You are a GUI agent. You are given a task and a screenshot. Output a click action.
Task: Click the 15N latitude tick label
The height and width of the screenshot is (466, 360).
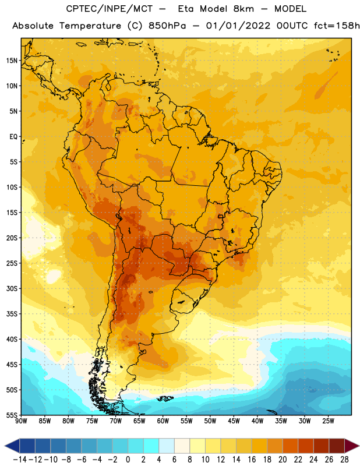tap(12, 61)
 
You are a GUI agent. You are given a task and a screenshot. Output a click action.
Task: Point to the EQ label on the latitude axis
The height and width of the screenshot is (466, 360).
tap(13, 137)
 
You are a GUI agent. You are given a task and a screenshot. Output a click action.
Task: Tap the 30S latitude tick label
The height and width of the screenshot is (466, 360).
tap(12, 288)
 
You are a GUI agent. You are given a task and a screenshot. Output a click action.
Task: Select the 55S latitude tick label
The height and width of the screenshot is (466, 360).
tap(12, 415)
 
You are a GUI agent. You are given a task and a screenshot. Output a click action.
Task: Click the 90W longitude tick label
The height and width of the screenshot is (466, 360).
tap(21, 421)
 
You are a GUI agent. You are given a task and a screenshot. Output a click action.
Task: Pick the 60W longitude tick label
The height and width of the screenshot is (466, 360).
tap(163, 421)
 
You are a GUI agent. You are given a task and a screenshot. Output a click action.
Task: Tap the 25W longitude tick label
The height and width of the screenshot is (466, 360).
tap(328, 421)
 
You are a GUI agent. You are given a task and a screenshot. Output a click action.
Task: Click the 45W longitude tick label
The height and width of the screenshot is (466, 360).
tap(234, 421)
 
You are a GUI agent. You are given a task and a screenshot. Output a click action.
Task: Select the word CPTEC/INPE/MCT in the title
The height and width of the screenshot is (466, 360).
tap(110, 9)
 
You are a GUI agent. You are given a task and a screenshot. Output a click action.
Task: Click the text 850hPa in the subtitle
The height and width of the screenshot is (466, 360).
tap(167, 26)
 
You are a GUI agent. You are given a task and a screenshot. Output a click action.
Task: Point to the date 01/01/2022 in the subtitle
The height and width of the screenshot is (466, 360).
tap(238, 26)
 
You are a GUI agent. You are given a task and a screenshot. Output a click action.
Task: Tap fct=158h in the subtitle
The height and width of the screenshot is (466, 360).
tap(337, 26)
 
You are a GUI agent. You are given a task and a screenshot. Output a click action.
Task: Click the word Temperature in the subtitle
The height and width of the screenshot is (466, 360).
tap(90, 26)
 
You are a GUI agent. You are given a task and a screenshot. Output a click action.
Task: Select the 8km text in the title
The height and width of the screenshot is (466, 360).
tap(243, 9)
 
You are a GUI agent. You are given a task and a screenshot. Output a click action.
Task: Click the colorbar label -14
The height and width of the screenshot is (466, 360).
tap(20, 460)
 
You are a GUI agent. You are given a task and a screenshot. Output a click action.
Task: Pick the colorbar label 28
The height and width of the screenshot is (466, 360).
tap(344, 460)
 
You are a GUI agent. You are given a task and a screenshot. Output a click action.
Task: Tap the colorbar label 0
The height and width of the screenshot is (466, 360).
tap(128, 460)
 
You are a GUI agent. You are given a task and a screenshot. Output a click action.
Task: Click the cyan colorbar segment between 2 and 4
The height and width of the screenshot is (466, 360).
tap(151, 446)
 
